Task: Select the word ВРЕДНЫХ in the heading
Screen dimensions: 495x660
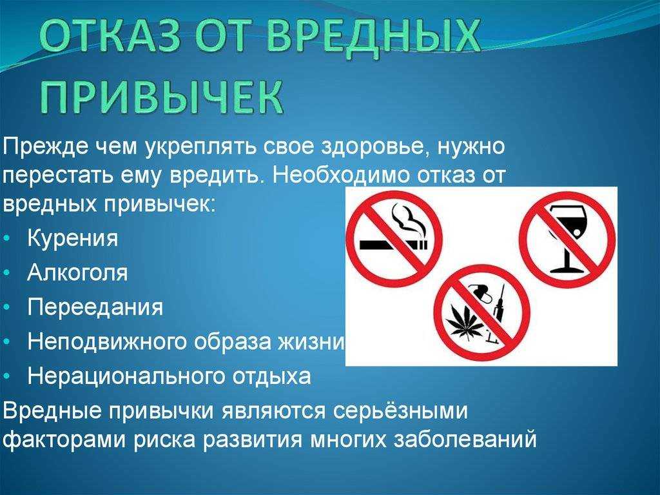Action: point(374,38)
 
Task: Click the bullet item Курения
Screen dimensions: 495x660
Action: point(73,239)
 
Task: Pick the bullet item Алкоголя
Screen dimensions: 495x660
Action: point(77,273)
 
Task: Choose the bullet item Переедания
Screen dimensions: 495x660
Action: point(95,307)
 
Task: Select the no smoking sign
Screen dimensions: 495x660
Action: point(394,238)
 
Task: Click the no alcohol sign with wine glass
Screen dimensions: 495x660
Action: point(567,239)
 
